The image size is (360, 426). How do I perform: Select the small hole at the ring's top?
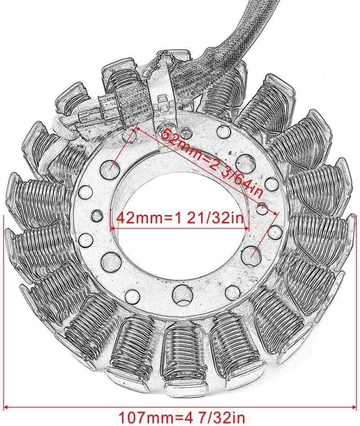point(222,131)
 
